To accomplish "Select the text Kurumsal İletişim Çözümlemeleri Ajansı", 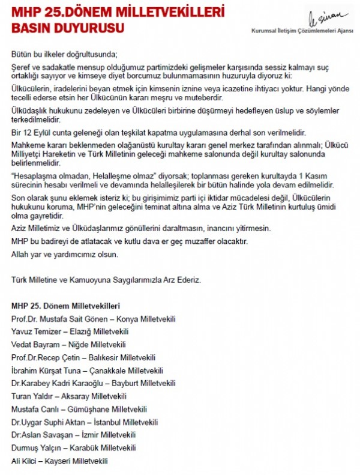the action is (x=302, y=30).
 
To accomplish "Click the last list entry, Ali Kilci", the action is (x=24, y=461).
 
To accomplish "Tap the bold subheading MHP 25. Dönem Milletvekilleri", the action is (x=65, y=305).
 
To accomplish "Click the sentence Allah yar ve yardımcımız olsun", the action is (x=65, y=254).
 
